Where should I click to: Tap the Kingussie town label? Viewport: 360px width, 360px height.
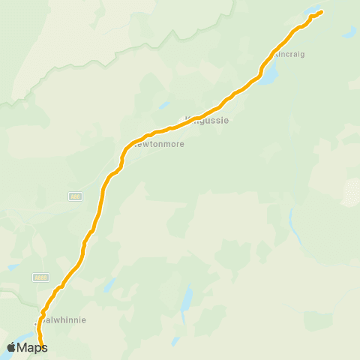207,118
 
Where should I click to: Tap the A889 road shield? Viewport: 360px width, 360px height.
40,277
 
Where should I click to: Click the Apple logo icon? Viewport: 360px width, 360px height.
12,347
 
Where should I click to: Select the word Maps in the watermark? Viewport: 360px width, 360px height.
32,347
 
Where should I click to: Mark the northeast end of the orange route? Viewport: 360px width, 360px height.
322,11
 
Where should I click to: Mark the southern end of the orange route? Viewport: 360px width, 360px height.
43,349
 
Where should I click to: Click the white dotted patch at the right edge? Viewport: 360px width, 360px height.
351,192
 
